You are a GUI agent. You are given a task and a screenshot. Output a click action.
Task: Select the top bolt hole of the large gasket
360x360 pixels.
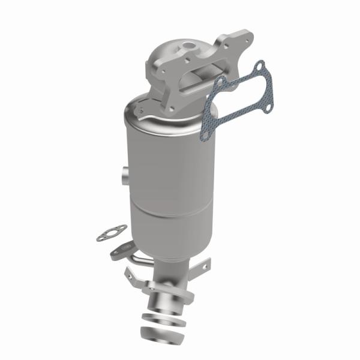259,65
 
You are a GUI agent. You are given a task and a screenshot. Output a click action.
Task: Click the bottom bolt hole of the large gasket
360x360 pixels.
205,136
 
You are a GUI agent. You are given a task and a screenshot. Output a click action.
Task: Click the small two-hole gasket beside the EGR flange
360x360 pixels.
112,233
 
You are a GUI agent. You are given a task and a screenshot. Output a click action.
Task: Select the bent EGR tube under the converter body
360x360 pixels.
144,259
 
